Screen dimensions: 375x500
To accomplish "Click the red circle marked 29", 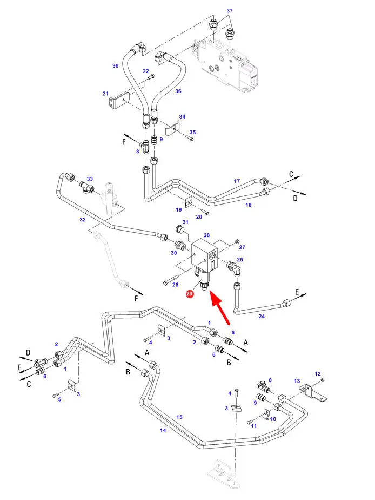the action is point(190,293).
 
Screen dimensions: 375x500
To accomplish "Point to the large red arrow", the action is point(220,308).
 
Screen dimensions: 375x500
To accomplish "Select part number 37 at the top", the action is point(230,10).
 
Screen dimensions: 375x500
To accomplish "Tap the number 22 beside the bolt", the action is point(146,71).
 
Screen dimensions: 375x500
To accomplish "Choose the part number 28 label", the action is point(206,235).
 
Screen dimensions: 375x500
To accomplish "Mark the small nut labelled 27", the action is point(237,240).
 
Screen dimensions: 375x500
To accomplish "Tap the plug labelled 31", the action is point(180,229).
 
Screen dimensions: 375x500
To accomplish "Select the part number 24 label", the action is point(262,317).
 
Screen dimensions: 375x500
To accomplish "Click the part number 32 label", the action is point(83,219).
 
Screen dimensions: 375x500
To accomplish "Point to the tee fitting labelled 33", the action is point(86,187).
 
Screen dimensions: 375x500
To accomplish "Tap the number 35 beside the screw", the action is point(192,132).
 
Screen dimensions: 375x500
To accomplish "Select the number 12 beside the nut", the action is point(318,373).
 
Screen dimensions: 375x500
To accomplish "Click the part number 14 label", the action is point(163,430).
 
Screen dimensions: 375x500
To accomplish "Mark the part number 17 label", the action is point(237,181).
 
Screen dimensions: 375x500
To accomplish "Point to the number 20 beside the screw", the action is point(199,217).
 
